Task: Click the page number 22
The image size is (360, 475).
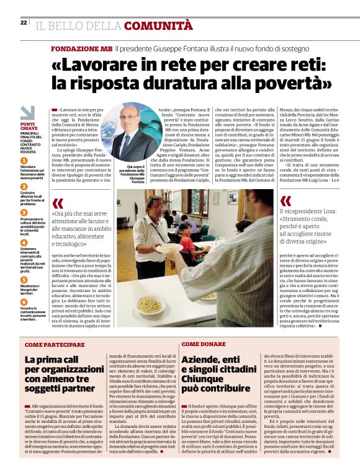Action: coord(24,23)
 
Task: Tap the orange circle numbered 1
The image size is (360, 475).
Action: coord(23,161)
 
